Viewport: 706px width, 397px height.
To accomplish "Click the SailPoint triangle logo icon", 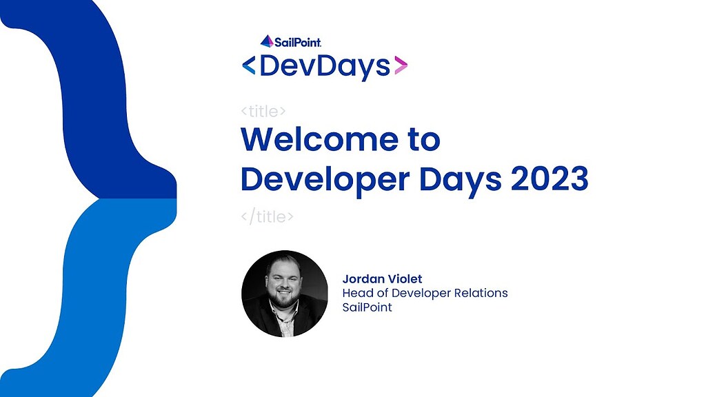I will click(x=266, y=41).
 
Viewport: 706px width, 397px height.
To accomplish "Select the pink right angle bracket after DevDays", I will click(x=400, y=66).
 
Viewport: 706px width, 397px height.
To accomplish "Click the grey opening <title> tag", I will click(x=263, y=111).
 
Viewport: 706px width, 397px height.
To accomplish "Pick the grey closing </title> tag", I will click(x=268, y=216).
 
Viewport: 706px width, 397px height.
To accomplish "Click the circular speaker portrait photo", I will click(x=285, y=294).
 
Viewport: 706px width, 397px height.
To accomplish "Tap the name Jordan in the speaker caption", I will click(x=363, y=279).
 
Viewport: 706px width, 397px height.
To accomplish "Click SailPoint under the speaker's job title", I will click(x=367, y=307).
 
